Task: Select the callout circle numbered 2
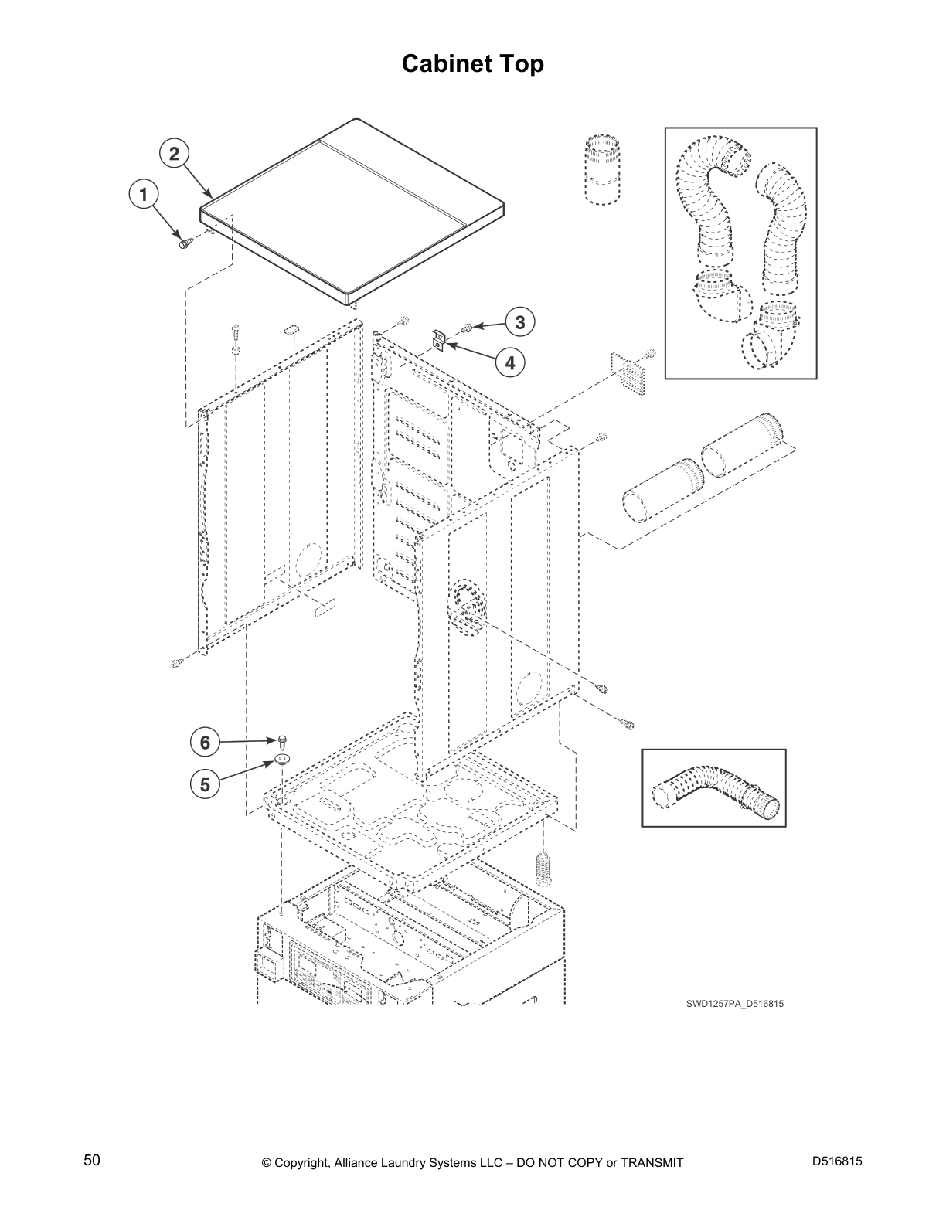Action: click(175, 153)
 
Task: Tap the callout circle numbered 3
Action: click(520, 321)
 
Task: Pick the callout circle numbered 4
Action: click(509, 361)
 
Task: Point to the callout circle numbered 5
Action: click(205, 784)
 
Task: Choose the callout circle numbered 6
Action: click(205, 743)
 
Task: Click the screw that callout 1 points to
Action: click(185, 243)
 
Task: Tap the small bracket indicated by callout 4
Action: click(438, 341)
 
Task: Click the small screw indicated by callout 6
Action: click(282, 741)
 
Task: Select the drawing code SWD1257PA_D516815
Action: click(730, 1004)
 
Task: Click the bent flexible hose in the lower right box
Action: click(715, 792)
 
